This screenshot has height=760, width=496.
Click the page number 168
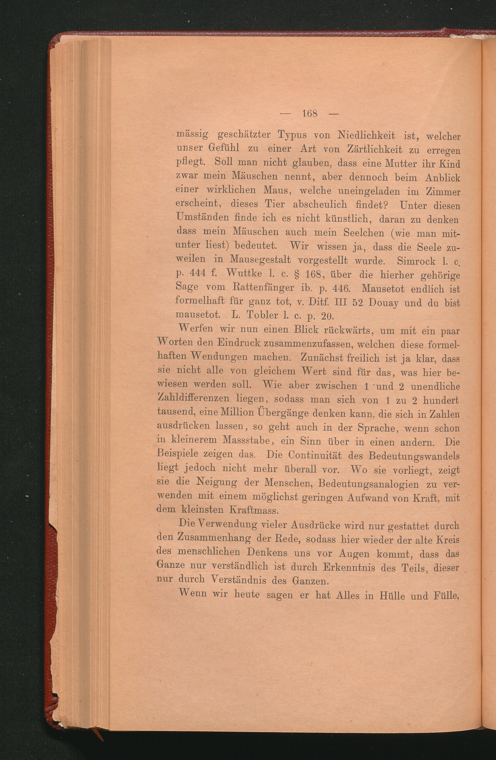pyautogui.click(x=309, y=114)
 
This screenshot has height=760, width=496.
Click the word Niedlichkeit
pyautogui.click(x=366, y=136)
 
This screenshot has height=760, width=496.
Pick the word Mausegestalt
pyautogui.click(x=260, y=260)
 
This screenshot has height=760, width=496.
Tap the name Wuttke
pyautogui.click(x=244, y=274)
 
